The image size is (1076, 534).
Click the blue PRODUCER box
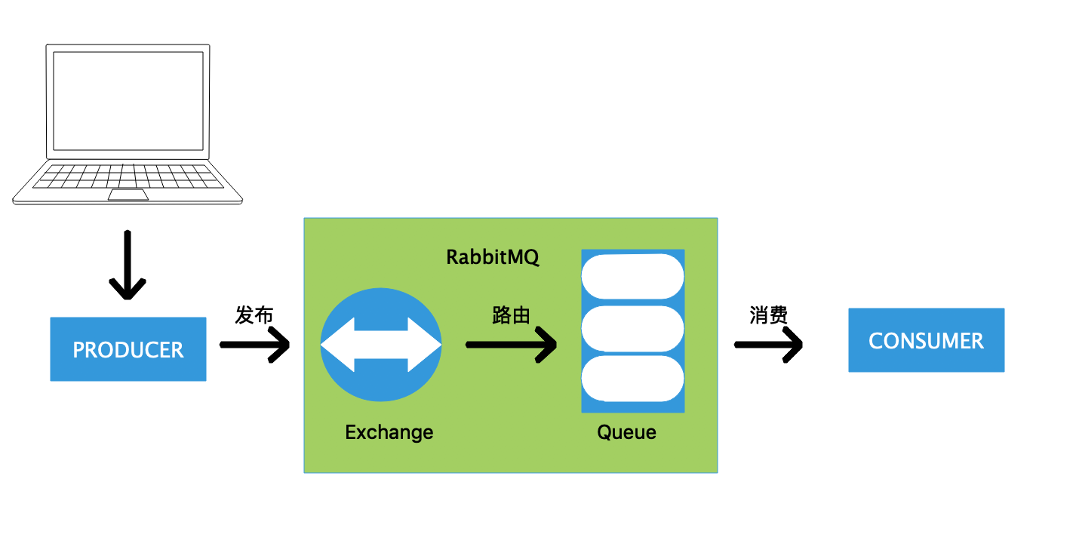point(128,349)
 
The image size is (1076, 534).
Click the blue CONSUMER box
point(926,340)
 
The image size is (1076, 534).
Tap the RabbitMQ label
point(492,257)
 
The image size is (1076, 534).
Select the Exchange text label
point(389,432)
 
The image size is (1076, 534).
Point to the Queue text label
point(626,432)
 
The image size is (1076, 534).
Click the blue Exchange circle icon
point(381,309)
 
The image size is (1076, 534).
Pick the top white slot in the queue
point(632,276)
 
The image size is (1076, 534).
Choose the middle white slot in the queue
point(632,328)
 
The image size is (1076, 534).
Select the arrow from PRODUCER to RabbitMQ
point(255,345)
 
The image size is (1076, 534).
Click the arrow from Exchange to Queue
point(512,345)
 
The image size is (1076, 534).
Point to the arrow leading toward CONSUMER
point(768,345)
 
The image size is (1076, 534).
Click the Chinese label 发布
point(254,315)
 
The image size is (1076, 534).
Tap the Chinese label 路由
point(511,315)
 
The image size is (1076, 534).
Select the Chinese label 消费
point(768,315)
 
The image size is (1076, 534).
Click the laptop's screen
point(127,101)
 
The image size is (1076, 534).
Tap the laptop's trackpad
point(128,195)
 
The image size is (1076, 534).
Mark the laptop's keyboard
point(128,176)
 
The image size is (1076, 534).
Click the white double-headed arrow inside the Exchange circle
point(381,345)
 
